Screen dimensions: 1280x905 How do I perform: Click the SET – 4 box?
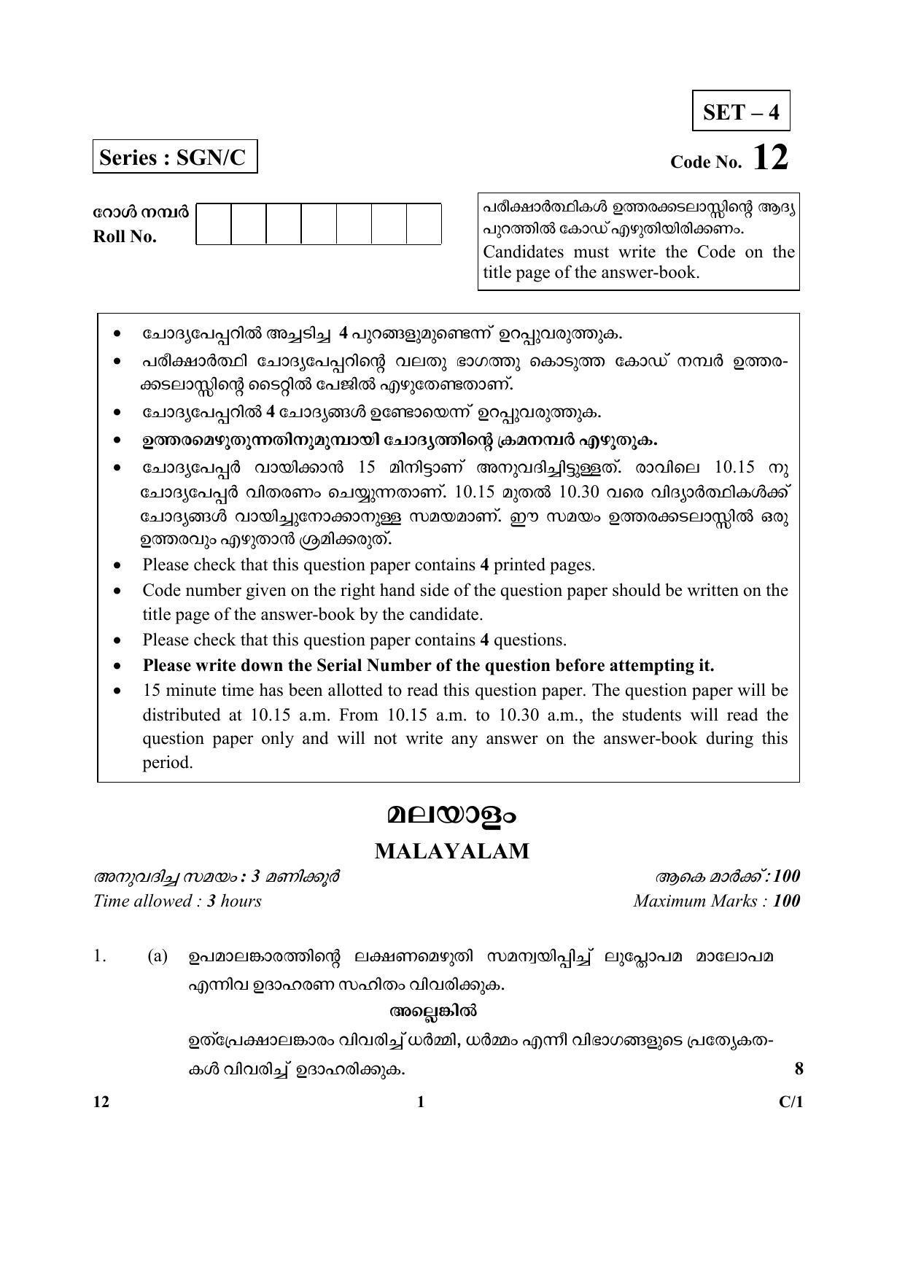pyautogui.click(x=741, y=111)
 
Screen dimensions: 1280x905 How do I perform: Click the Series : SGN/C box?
pyautogui.click(x=175, y=158)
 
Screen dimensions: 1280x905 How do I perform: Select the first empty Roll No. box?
pyautogui.click(x=214, y=224)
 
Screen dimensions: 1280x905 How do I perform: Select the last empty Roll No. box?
pyautogui.click(x=424, y=224)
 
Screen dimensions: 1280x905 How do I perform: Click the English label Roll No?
pyautogui.click(x=125, y=237)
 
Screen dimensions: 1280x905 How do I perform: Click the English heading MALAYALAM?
pyautogui.click(x=451, y=851)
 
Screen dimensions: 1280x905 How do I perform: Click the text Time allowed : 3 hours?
pyautogui.click(x=177, y=901)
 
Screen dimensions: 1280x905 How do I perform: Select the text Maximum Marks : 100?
pyautogui.click(x=716, y=901)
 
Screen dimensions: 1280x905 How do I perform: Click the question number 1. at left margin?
pyautogui.click(x=101, y=956)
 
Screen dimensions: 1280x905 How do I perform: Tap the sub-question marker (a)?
pyautogui.click(x=158, y=956)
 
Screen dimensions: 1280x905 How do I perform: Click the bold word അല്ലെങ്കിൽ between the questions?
pyautogui.click(x=433, y=1012)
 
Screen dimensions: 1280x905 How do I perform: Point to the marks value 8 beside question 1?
pyautogui.click(x=799, y=1069)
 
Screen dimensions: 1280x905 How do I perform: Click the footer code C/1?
pyautogui.click(x=791, y=1102)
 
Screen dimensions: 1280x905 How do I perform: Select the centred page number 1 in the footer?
pyautogui.click(x=420, y=1102)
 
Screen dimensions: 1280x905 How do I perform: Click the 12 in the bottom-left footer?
pyautogui.click(x=101, y=1102)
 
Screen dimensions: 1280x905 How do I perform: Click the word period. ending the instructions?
pyautogui.click(x=167, y=763)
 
